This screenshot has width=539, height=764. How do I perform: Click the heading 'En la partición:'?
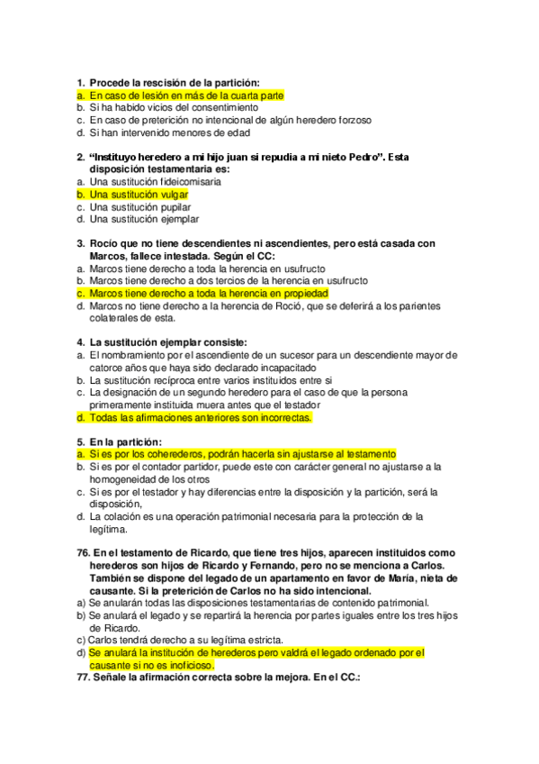pos(125,441)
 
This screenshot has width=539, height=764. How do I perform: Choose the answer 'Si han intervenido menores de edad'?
pos(163,132)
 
